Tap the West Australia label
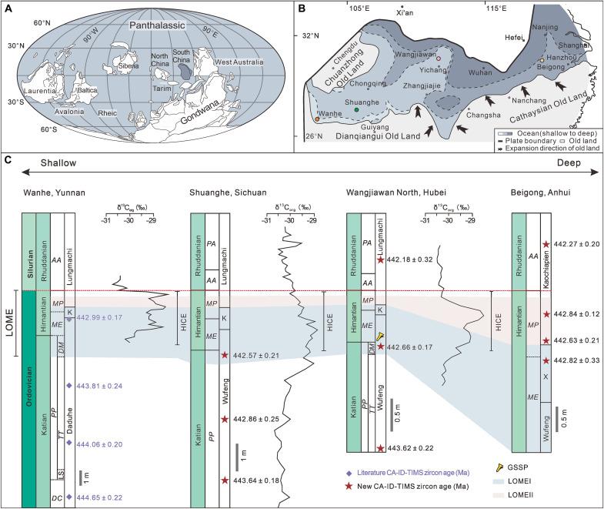click(239, 62)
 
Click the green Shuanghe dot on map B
click(357, 110)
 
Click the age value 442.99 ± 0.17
click(101, 318)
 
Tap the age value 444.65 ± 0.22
click(101, 497)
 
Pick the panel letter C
click(8, 161)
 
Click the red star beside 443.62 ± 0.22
click(380, 448)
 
